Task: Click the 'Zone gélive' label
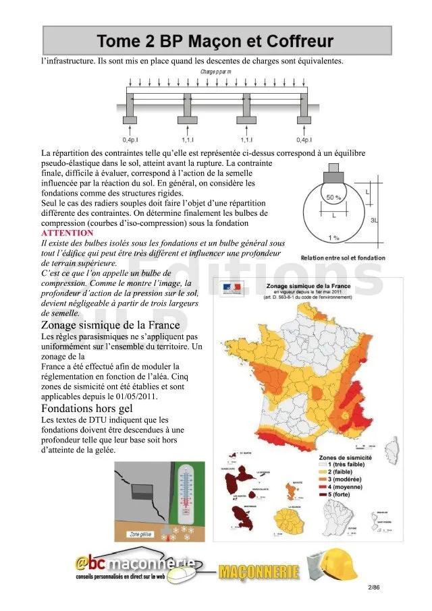[140, 535]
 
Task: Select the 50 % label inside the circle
[333, 198]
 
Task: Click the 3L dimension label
[394, 220]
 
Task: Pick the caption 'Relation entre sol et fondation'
[343, 258]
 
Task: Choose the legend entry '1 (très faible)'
[351, 465]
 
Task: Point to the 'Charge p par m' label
[216, 71]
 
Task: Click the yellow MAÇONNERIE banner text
[259, 572]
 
